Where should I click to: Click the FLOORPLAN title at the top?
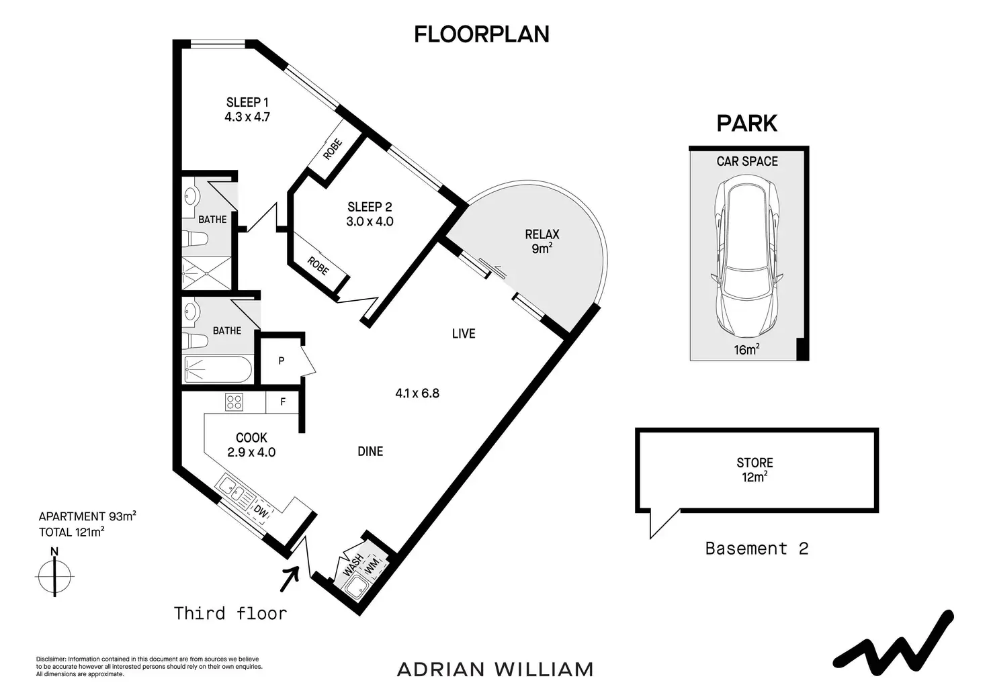(x=481, y=34)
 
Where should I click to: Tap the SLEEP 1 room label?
(x=247, y=103)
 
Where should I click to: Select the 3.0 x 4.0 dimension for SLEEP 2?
(x=370, y=221)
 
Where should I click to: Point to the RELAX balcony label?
(x=542, y=234)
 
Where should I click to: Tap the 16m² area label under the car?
(x=746, y=349)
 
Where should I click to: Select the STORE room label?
(x=755, y=463)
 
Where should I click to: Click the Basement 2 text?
(x=757, y=549)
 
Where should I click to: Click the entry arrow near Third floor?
(x=289, y=577)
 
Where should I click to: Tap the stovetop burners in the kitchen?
(x=234, y=402)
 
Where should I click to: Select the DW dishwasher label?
(x=261, y=512)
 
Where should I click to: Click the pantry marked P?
(x=282, y=361)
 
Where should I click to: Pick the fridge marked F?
(x=283, y=402)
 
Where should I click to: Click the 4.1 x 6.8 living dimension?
(x=417, y=393)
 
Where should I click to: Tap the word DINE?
(x=370, y=452)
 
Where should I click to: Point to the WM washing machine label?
(x=372, y=558)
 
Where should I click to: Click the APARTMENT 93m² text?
(x=87, y=516)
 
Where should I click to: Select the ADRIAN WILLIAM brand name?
(x=495, y=669)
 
